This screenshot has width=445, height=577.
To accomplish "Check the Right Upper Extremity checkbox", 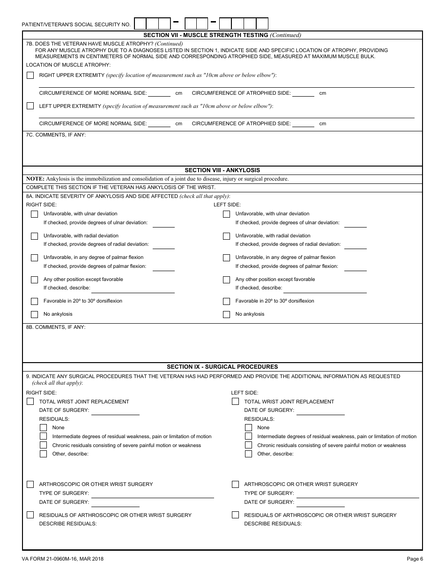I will [x=30, y=76].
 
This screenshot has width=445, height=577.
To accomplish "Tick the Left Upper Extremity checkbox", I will [x=30, y=106].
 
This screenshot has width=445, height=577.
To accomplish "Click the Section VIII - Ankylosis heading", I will [x=222, y=170].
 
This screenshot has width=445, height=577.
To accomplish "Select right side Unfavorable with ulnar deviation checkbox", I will [x=34, y=214].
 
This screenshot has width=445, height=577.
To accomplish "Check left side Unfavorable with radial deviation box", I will [x=226, y=236].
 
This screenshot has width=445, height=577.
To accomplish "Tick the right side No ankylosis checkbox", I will [x=34, y=314].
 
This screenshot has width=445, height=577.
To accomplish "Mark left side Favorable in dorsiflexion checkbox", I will [x=226, y=301].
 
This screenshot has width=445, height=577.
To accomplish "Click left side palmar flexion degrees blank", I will [x=356, y=267].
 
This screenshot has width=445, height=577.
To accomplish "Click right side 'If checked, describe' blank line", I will [x=133, y=288].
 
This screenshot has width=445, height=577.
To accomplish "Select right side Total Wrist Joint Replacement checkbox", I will [x=30, y=402].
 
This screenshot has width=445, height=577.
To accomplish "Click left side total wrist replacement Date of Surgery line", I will [x=321, y=411].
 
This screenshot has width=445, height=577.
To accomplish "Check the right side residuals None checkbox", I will [x=44, y=428].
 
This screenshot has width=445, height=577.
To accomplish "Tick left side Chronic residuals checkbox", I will [x=249, y=445].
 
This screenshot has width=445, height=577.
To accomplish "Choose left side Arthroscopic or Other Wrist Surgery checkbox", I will [x=236, y=484].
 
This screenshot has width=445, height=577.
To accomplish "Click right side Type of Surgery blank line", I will [x=153, y=493].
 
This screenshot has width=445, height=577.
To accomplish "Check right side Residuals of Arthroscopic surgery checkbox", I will [x=30, y=515].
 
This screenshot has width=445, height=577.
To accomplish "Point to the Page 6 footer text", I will [x=415, y=559].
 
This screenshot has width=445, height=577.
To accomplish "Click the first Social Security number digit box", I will [x=141, y=23].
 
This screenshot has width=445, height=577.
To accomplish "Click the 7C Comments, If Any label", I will [x=56, y=135].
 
